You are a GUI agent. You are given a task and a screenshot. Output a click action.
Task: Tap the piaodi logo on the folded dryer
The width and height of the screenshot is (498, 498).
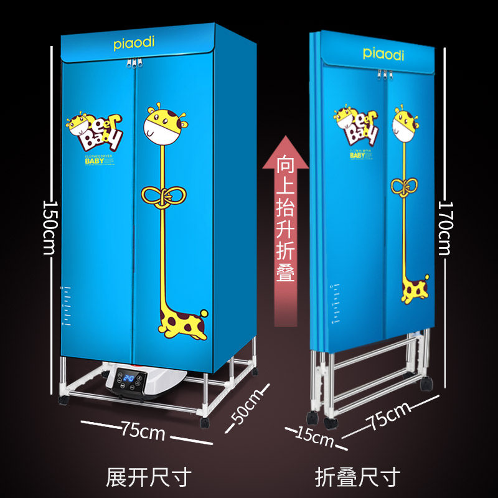[383, 54]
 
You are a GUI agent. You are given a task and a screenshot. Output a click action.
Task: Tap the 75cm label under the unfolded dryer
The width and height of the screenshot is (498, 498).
[143, 431]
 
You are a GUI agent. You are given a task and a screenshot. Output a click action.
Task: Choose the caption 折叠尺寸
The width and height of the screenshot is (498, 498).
[356, 477]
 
